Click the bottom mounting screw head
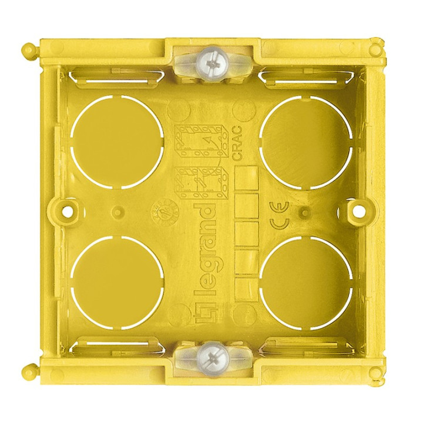211,355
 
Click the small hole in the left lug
69,209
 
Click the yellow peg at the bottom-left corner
28,370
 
